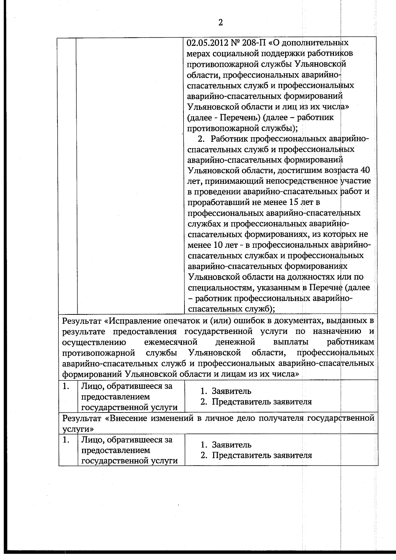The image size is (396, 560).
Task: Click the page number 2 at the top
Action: pyautogui.click(x=220, y=22)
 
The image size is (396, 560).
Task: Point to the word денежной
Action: pyautogui.click(x=235, y=342)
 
